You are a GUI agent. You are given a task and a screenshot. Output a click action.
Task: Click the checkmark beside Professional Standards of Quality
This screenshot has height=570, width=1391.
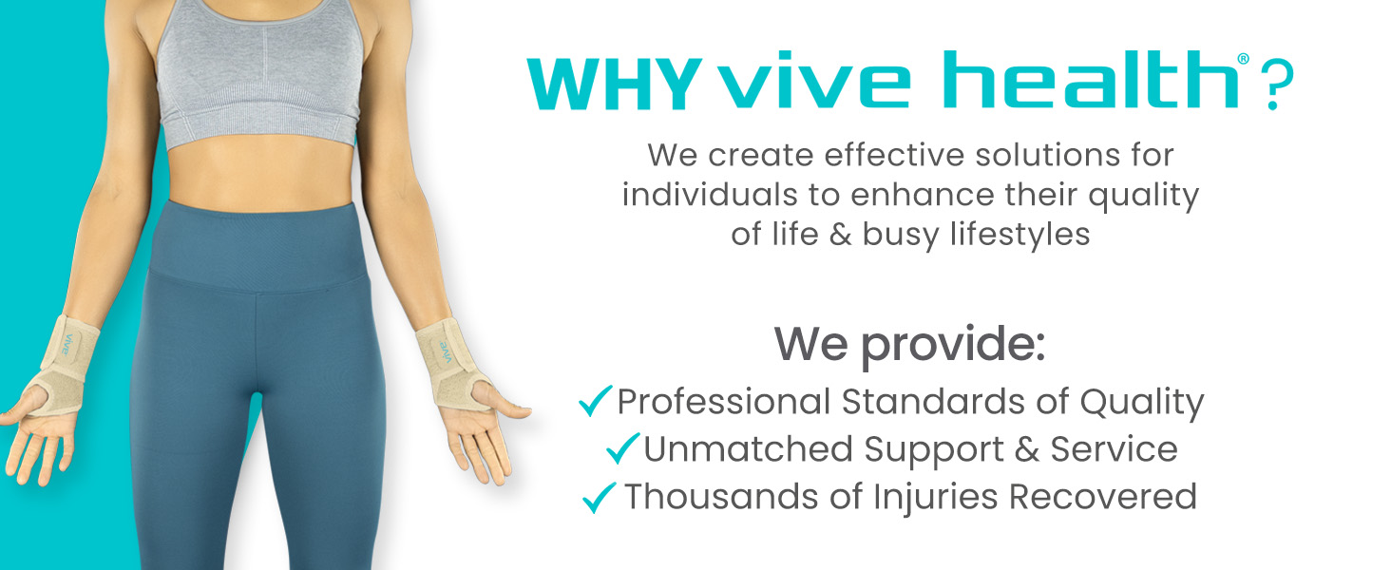tap(595, 403)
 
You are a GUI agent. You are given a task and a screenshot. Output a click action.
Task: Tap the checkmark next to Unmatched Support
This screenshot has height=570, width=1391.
tap(622, 448)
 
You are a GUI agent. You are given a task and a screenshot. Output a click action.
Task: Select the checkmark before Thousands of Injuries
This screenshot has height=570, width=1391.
tap(600, 496)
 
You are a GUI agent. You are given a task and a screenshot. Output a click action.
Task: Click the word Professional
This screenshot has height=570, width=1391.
tap(723, 403)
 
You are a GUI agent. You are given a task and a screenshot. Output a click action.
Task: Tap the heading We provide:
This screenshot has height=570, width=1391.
tap(909, 344)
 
